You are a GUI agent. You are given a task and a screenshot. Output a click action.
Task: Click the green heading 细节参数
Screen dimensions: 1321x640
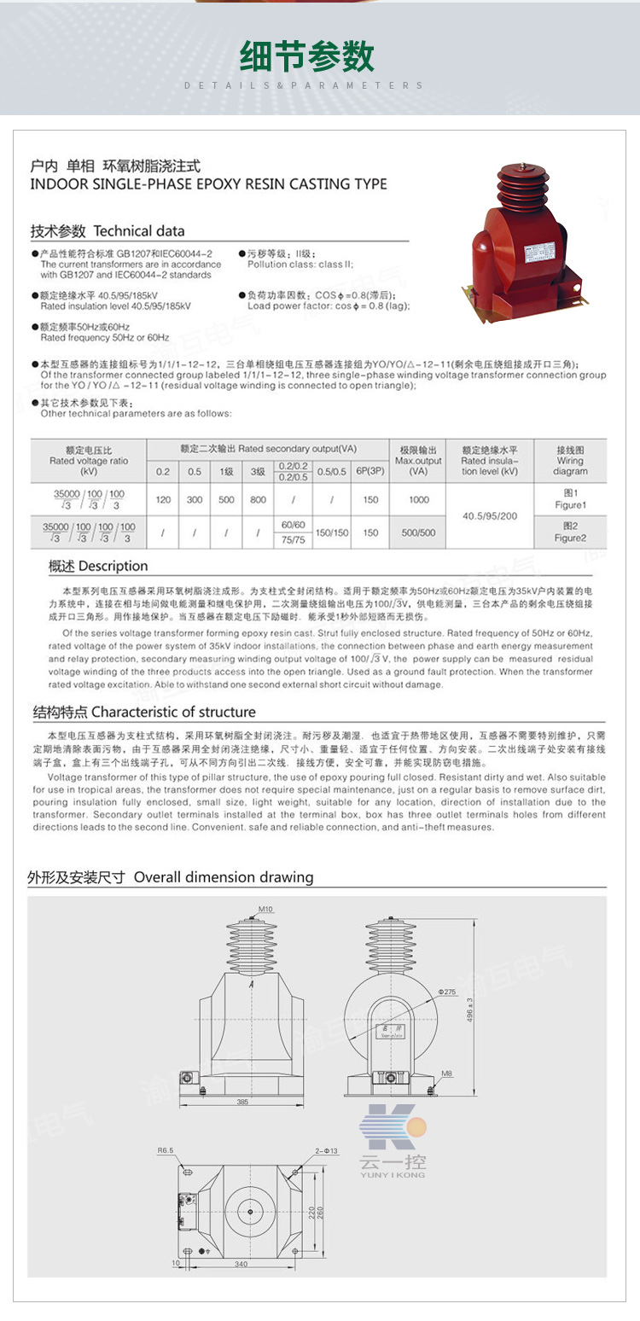tap(306, 57)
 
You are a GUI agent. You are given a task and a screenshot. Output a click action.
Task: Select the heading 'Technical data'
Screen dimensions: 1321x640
tap(108, 230)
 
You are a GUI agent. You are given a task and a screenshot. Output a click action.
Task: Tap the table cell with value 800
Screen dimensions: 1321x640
tap(258, 500)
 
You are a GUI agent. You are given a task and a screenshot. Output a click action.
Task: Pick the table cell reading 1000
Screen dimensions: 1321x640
tap(418, 500)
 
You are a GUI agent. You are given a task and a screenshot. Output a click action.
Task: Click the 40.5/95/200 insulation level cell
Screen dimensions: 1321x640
tap(490, 515)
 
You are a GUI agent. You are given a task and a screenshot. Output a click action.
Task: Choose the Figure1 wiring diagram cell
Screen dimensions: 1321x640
tap(570, 499)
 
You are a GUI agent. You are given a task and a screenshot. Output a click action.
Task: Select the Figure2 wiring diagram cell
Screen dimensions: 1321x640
tap(570, 532)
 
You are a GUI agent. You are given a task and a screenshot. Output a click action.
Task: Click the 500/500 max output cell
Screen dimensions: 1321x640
tap(418, 532)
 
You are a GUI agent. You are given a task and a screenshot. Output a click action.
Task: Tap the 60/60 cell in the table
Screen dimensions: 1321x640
tap(293, 524)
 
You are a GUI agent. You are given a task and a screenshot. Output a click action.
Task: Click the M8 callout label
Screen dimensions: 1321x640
tap(446, 1073)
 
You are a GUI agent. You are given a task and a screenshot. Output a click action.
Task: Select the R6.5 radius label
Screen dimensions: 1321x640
tap(166, 1150)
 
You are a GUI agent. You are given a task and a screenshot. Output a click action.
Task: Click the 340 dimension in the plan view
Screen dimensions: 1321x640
tap(241, 1264)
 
